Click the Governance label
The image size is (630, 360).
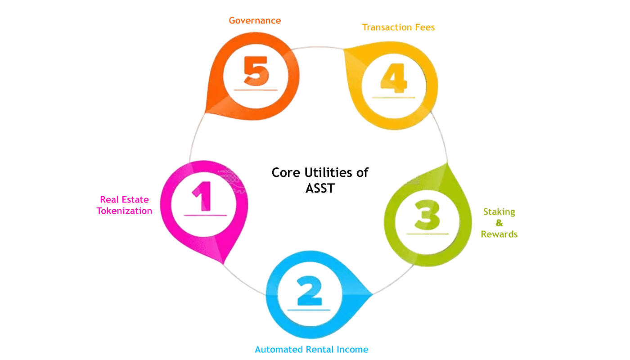click(x=255, y=20)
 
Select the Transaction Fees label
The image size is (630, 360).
click(x=398, y=27)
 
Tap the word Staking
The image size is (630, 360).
click(x=499, y=212)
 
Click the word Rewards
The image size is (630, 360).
click(x=499, y=234)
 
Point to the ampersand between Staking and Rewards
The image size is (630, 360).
click(x=499, y=223)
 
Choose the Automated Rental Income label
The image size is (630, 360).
click(x=311, y=349)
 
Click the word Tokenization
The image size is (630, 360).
click(x=124, y=211)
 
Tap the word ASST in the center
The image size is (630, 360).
click(x=320, y=188)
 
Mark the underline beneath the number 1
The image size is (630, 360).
click(x=205, y=216)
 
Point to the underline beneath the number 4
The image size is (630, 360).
click(x=393, y=97)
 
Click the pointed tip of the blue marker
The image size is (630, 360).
click(x=372, y=295)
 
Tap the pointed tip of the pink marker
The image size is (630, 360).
click(x=223, y=264)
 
